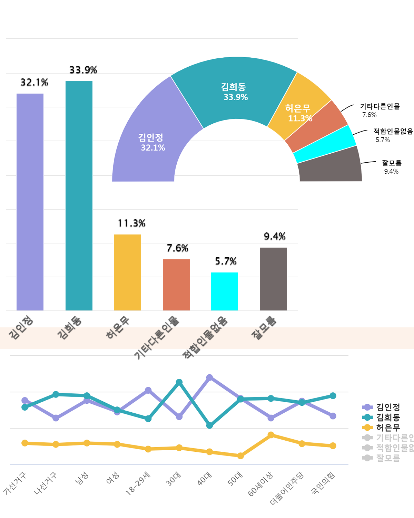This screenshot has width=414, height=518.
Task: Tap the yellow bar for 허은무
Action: point(127,272)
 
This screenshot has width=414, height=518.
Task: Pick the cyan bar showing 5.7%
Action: point(225,291)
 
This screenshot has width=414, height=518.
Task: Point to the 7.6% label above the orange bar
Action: point(177,248)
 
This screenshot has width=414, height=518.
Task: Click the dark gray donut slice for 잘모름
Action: point(329,166)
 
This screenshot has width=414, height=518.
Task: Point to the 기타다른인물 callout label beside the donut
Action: point(379,107)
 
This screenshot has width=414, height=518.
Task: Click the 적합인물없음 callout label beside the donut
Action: point(393,132)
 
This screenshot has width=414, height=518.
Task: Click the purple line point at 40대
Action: point(209,377)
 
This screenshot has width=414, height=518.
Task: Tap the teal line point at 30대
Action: point(179,382)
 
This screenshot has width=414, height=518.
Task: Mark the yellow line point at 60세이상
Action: point(271,435)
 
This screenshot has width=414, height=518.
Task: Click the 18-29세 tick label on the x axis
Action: point(138,483)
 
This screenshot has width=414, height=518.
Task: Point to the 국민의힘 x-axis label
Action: point(323,483)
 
